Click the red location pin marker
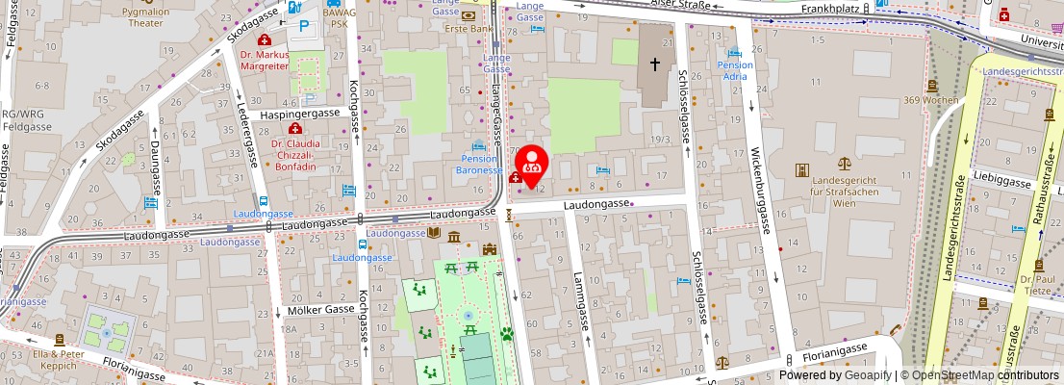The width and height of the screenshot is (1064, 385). [532, 164]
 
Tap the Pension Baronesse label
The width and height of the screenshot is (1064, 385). [479, 164]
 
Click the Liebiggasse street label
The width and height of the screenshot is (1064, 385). [996, 177]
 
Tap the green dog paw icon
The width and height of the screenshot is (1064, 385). [506, 335]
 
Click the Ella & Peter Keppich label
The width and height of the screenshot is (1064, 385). [60, 358]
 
